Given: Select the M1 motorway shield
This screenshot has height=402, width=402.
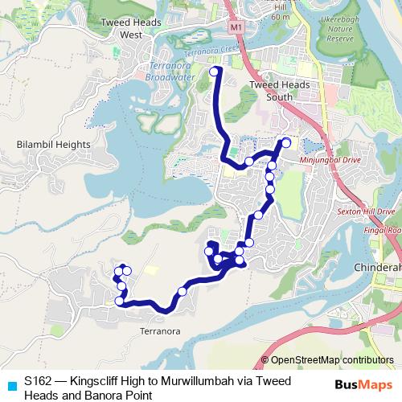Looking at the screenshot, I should coord(235,28).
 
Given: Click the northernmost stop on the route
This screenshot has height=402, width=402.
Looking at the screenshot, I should coord(215,72).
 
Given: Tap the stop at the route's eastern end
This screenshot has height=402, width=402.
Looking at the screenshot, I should coord(286,143).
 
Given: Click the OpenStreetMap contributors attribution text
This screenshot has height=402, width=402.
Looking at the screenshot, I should coord(332,359).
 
